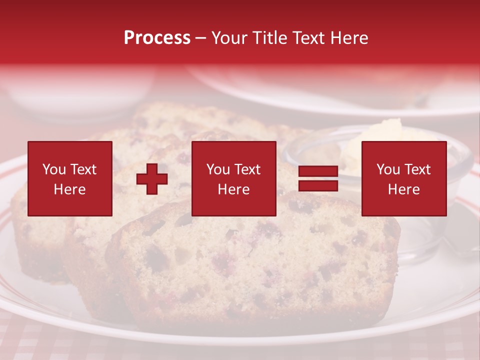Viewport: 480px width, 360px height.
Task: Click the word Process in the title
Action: [157, 38]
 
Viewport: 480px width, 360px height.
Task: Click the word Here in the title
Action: [350, 38]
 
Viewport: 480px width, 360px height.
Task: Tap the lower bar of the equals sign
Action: [318, 185]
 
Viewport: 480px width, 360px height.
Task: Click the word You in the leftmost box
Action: [53, 169]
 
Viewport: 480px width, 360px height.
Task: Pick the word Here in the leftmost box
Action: [69, 189]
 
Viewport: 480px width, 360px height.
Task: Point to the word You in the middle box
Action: [217, 169]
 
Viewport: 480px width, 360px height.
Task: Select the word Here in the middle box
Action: [233, 189]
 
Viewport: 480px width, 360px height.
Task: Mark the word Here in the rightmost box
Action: [403, 189]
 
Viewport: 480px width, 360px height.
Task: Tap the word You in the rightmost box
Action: [387, 169]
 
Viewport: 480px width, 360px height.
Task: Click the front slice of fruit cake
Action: [250, 265]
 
